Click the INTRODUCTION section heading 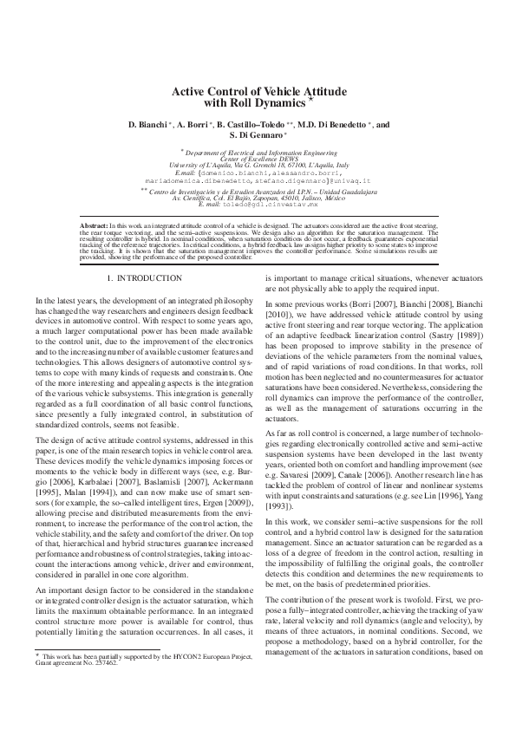click(x=149, y=277)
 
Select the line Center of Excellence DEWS click(x=258, y=159)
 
